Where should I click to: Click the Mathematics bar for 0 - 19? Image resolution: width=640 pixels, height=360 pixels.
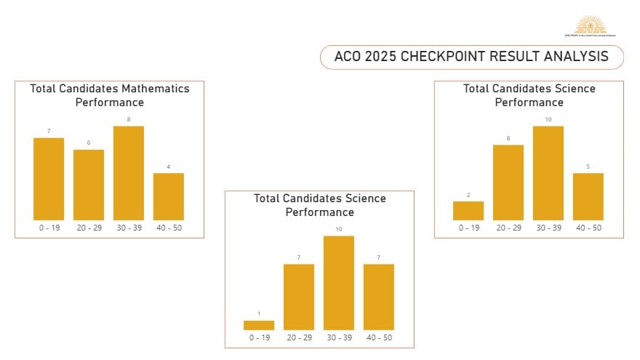49,179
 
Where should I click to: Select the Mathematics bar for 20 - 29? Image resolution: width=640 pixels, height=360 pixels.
89,185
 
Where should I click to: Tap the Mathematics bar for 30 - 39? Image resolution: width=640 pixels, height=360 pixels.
129,173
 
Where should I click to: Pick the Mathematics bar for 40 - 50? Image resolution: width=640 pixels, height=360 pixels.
169,196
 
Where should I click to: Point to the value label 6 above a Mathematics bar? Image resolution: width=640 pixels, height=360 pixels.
89,143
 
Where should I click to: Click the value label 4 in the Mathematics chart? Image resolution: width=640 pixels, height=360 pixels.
169,167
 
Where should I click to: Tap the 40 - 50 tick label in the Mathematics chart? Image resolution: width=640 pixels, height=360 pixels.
169,228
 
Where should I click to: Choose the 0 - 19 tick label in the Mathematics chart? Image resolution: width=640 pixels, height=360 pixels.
49,228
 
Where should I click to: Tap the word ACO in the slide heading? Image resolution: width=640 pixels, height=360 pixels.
345,57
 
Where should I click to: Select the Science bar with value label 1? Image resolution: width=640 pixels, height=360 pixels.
259,325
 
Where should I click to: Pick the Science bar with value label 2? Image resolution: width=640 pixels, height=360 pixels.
468,210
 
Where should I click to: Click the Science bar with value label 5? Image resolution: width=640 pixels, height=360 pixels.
588,196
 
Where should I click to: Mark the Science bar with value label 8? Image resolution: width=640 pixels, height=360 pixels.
508,182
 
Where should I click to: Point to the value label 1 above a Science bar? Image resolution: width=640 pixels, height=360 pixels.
259,314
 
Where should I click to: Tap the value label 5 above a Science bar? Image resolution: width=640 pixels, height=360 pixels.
588,167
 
